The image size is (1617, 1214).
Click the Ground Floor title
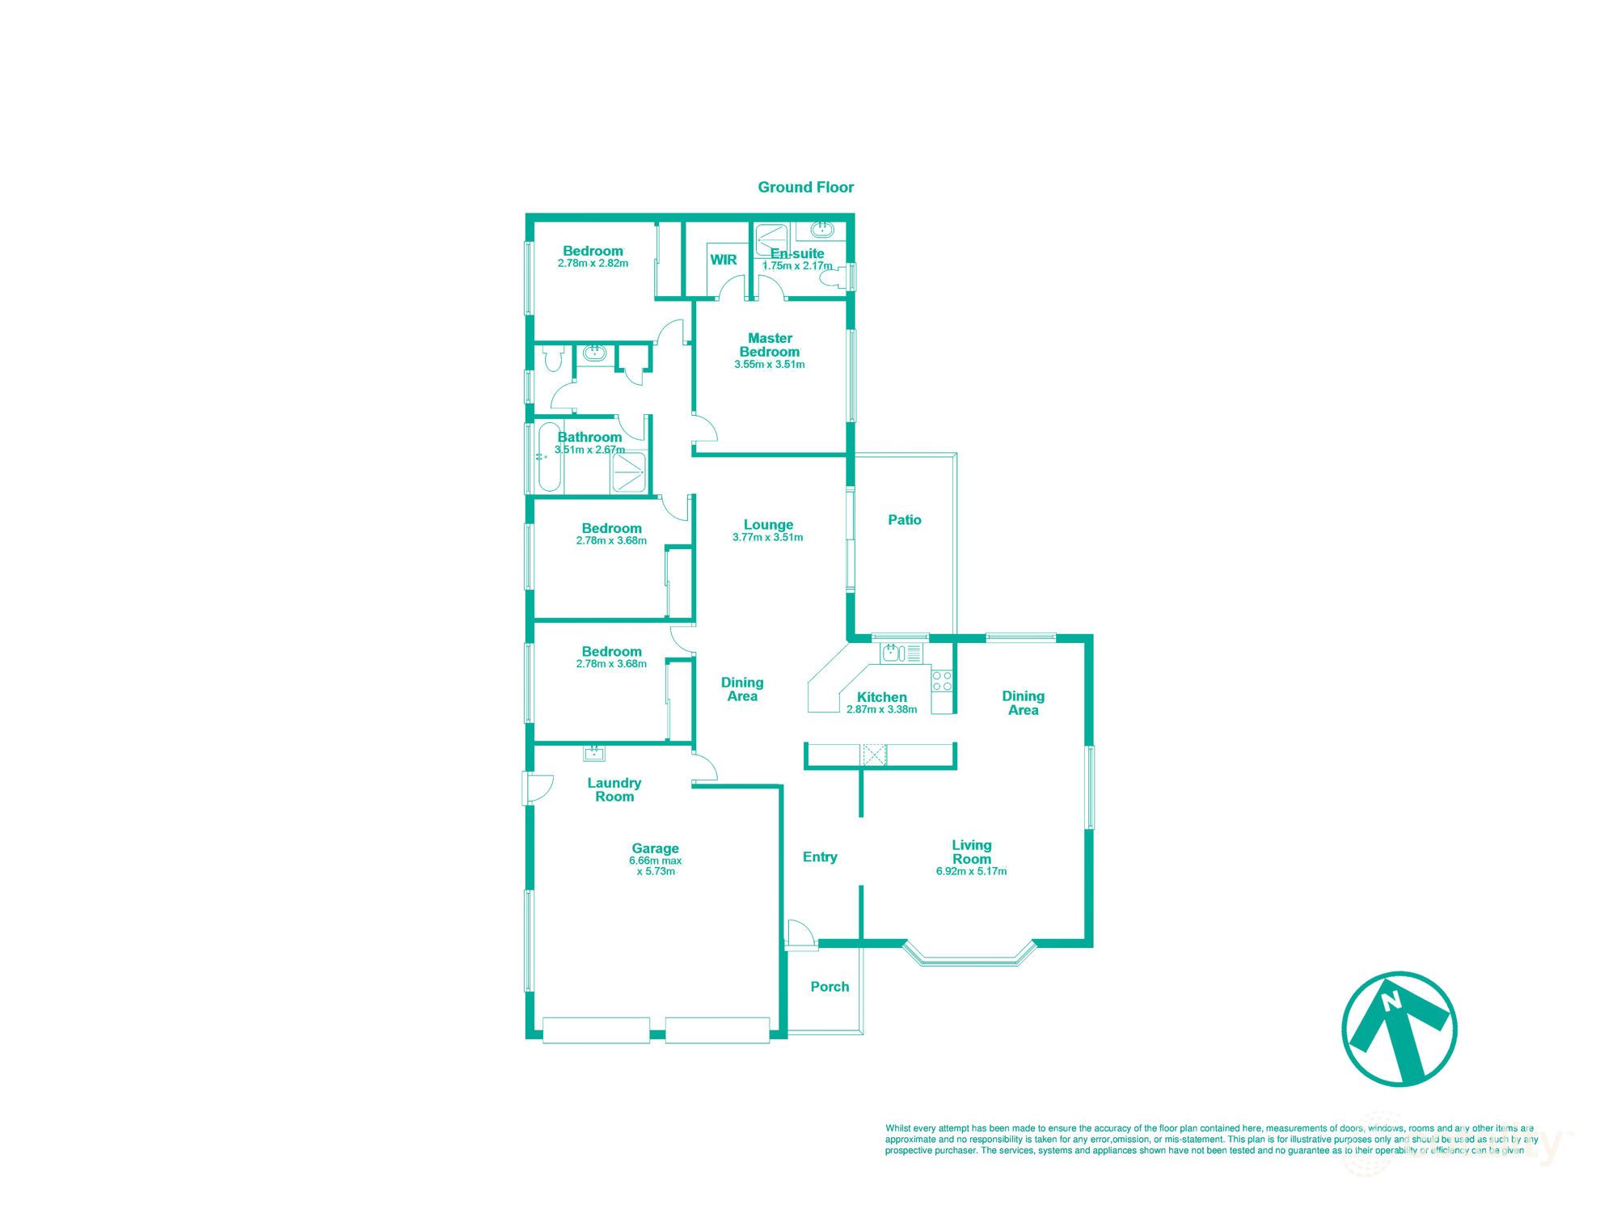[x=805, y=187]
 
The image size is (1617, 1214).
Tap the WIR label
[x=723, y=260]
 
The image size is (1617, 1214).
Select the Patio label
[x=904, y=520]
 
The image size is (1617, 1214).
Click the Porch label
[x=830, y=987]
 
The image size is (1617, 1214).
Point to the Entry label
[x=820, y=857]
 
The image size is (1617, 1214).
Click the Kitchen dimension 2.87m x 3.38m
[x=881, y=710]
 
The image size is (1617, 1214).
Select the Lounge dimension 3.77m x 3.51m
[x=767, y=537]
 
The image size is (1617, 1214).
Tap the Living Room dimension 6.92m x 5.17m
[x=971, y=872]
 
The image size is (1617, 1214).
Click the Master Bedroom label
[x=770, y=345]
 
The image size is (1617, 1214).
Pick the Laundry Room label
[x=614, y=789]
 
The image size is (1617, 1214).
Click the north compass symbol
[x=1399, y=1029]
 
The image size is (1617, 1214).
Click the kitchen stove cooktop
[x=942, y=681]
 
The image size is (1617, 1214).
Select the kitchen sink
[x=892, y=652]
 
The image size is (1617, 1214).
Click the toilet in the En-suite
[x=831, y=279]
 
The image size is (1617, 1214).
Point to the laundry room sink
[x=594, y=753]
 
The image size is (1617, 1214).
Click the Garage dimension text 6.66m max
[x=655, y=861]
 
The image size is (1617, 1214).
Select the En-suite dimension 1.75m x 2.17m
[x=796, y=266]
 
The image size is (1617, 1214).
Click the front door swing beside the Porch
[x=800, y=933]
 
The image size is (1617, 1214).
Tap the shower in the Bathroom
[x=629, y=472]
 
